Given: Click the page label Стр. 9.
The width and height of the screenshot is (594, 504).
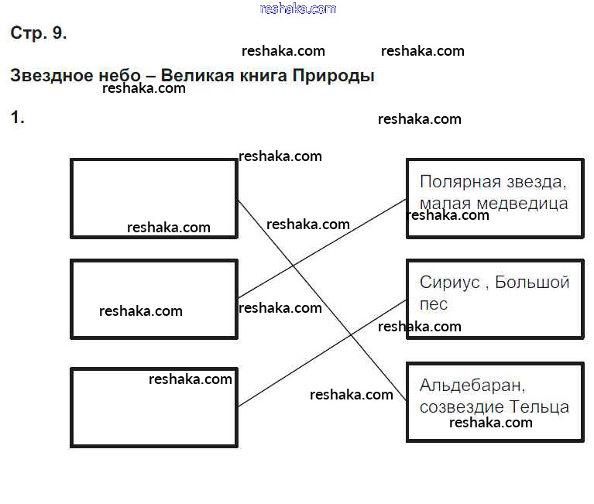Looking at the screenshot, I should tap(39, 33).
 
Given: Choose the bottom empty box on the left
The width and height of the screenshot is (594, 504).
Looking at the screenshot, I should tap(153, 407).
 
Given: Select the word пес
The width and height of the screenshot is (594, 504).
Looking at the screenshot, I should tap(434, 303).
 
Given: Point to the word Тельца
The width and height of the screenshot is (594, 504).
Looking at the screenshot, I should tap(540, 406).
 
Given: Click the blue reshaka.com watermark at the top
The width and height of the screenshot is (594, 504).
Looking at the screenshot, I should tap(298, 9).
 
